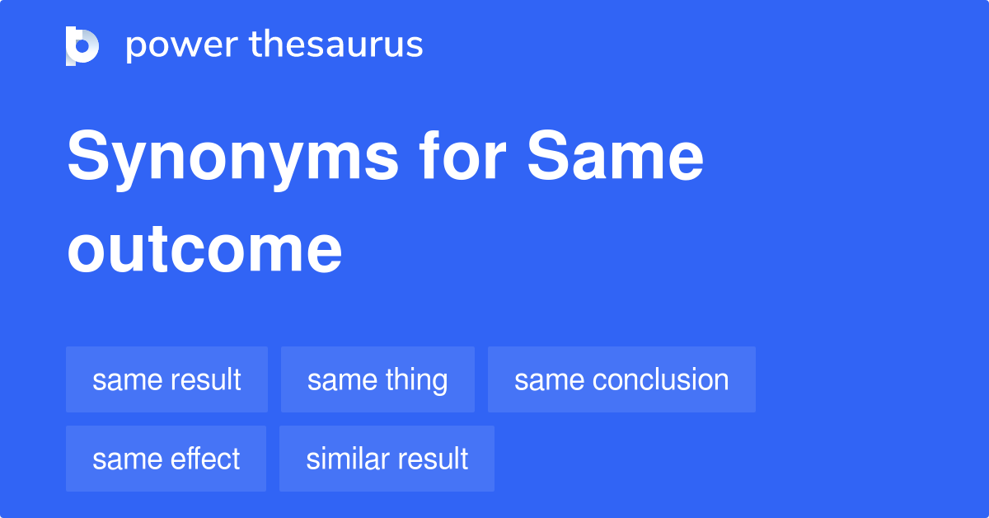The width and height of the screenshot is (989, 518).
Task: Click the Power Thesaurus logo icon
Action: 82,45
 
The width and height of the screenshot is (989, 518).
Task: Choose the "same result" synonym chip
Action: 166,379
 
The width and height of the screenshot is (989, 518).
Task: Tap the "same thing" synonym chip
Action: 377,379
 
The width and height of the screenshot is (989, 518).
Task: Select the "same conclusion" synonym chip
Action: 621,379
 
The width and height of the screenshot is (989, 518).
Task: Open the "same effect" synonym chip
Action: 166,459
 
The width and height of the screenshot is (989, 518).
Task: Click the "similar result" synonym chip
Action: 387,459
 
